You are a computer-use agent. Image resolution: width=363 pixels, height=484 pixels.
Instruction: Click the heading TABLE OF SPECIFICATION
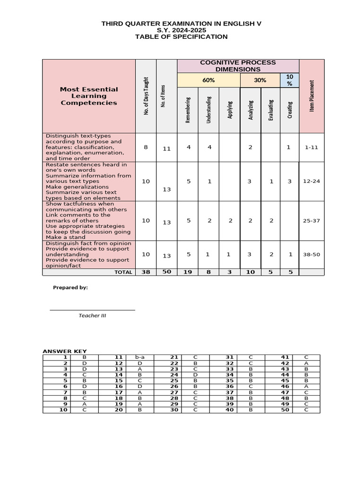click(x=181, y=37)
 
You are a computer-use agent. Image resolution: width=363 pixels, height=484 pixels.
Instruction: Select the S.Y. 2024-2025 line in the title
click(x=181, y=30)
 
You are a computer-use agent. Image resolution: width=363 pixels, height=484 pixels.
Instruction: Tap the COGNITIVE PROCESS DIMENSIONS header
click(x=238, y=66)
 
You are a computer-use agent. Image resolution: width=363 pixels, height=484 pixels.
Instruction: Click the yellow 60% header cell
click(x=208, y=80)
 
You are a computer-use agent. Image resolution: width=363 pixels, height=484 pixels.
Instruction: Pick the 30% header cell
click(x=260, y=80)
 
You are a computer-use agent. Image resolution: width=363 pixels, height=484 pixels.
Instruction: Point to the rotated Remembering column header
click(x=188, y=110)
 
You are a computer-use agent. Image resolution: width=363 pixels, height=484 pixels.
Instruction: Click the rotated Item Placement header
click(x=311, y=96)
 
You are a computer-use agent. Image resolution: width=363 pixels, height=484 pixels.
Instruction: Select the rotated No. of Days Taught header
click(x=146, y=96)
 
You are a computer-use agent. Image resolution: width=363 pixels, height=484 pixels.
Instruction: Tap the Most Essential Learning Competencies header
click(x=89, y=96)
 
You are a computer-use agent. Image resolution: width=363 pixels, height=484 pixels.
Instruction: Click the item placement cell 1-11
click(x=311, y=147)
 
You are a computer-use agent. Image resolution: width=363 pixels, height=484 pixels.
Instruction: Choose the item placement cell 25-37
click(x=311, y=221)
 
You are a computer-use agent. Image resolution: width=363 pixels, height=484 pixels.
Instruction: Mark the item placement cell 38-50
click(x=311, y=254)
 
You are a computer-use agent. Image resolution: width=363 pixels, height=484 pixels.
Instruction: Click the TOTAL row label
click(x=123, y=272)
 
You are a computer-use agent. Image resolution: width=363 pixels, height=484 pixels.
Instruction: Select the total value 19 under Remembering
click(x=188, y=272)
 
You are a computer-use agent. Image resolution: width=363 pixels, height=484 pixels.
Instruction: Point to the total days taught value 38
click(x=146, y=272)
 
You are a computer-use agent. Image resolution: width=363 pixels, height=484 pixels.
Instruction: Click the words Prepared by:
click(x=70, y=287)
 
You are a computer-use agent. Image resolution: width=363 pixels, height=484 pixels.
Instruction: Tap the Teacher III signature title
click(x=93, y=315)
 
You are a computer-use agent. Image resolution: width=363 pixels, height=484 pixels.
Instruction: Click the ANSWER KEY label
click(x=65, y=351)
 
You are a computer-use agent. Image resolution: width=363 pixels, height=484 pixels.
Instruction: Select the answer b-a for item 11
click(x=140, y=357)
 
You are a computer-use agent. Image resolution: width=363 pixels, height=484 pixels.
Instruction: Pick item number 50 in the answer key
click(x=285, y=410)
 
